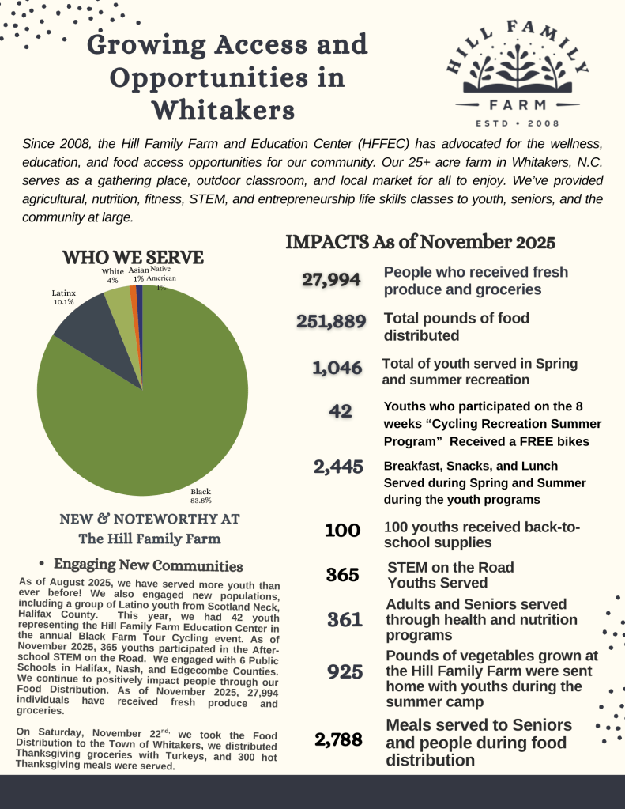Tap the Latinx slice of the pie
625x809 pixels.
pyautogui.click(x=87, y=332)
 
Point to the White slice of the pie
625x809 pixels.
pyautogui.click(x=119, y=304)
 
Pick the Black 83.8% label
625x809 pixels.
pyautogui.click(x=201, y=496)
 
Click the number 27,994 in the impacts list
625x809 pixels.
pyautogui.click(x=332, y=279)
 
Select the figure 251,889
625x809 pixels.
pyautogui.click(x=331, y=322)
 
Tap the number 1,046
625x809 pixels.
pyautogui.click(x=337, y=368)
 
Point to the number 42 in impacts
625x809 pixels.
pyautogui.click(x=341, y=411)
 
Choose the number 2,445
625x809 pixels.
pyautogui.click(x=338, y=467)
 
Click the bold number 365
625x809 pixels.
pyautogui.click(x=343, y=575)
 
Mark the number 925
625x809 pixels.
pyautogui.click(x=345, y=672)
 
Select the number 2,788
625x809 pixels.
pyautogui.click(x=338, y=740)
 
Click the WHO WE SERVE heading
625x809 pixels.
pyautogui.click(x=133, y=258)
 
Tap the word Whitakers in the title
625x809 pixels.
pyautogui.click(x=223, y=108)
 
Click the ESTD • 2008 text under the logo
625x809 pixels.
pyautogui.click(x=518, y=123)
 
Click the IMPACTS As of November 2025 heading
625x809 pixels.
pyautogui.click(x=420, y=241)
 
